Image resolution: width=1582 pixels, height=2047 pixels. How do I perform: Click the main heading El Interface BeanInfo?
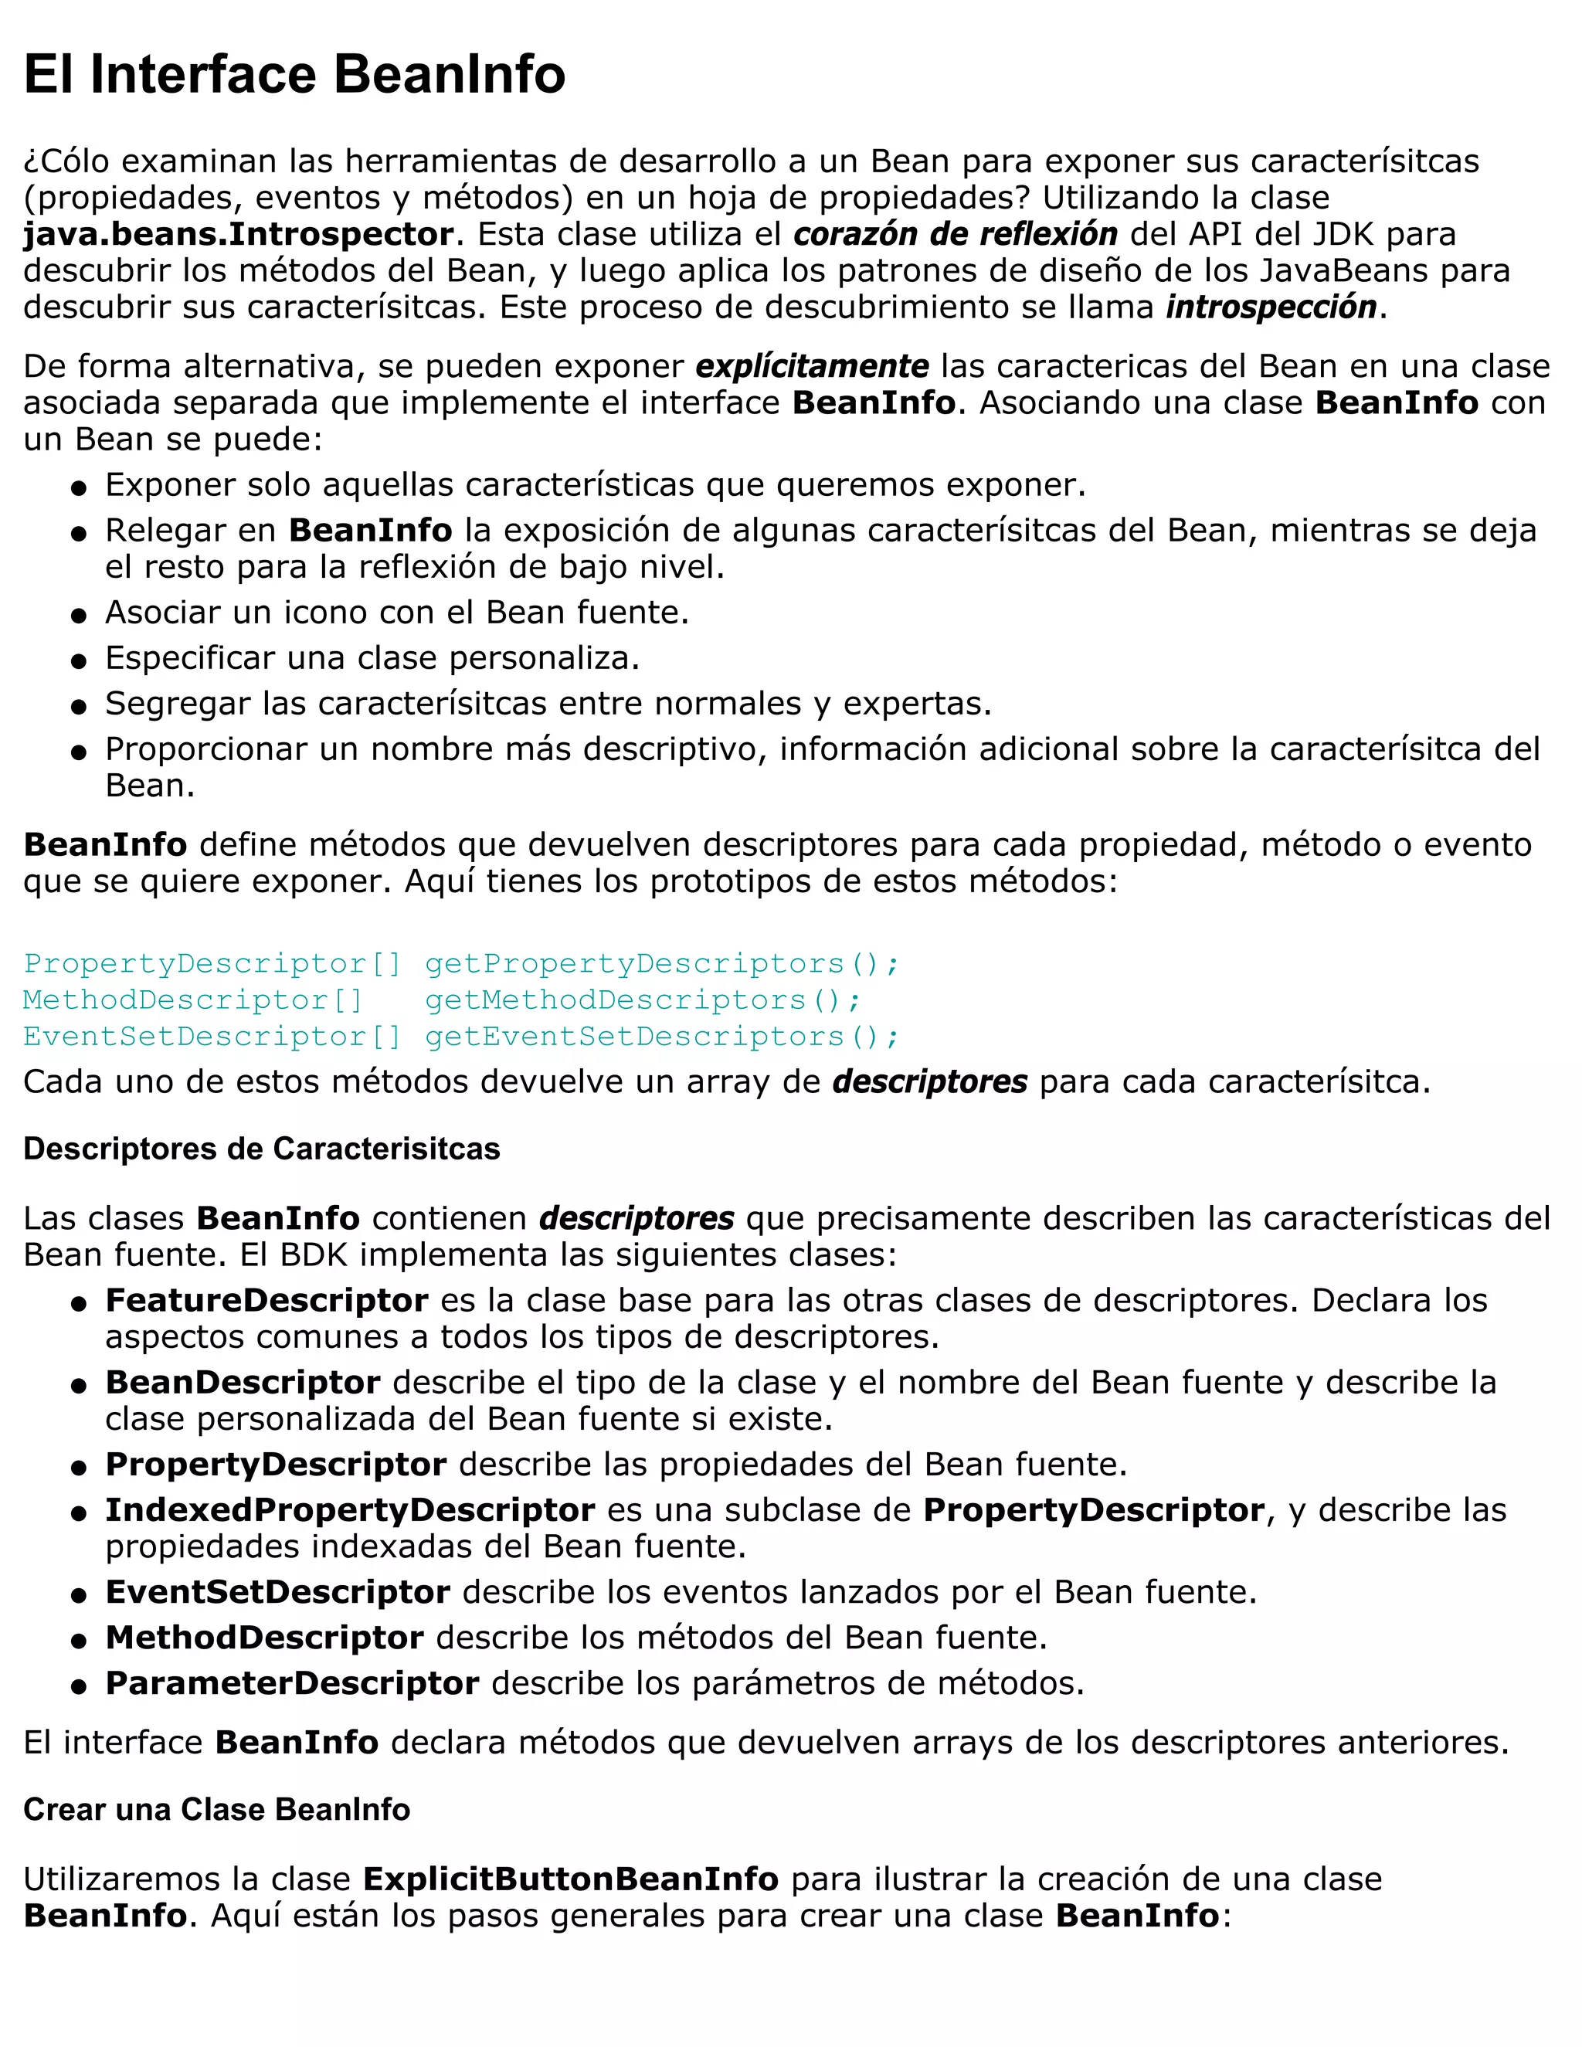[294, 74]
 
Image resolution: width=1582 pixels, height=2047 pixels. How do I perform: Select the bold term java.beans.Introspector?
[238, 234]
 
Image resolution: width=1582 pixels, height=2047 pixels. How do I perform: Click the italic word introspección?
[1271, 307]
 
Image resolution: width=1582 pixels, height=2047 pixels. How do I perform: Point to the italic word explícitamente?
[812, 366]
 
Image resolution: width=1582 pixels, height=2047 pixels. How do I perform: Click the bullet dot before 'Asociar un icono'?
[80, 616]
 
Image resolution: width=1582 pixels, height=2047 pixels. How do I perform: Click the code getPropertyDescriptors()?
[662, 963]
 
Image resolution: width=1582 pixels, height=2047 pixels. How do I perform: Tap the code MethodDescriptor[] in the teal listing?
[192, 1000]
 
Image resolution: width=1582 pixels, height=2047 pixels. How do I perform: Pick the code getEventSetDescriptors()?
[662, 1037]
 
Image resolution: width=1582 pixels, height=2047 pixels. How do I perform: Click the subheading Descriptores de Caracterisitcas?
[262, 1149]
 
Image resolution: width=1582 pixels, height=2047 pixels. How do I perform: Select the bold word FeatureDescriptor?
[266, 1301]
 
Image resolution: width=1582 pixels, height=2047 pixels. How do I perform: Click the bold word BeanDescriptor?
[243, 1383]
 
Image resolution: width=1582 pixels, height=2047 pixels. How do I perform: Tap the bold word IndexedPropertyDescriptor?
[350, 1510]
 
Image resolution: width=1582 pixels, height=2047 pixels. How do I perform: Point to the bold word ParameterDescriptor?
[293, 1683]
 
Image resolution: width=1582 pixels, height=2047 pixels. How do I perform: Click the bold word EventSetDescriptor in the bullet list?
[277, 1593]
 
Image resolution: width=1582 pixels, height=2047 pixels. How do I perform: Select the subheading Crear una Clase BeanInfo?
[216, 1809]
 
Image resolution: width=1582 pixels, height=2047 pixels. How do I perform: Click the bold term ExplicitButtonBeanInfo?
[570, 1879]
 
